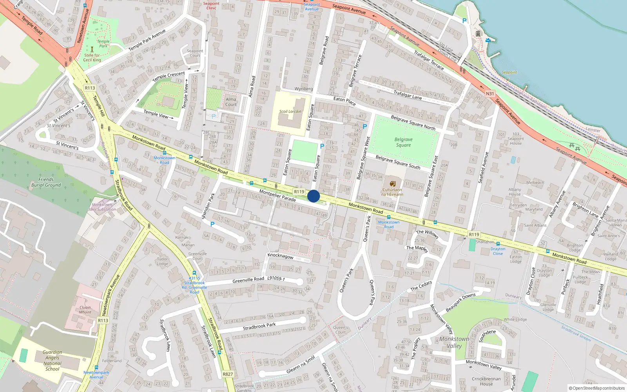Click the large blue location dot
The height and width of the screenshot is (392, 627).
click(x=313, y=196)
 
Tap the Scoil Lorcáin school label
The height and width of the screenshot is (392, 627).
click(x=290, y=112)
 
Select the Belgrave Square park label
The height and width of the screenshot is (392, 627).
click(x=403, y=142)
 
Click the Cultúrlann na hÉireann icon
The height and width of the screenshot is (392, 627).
click(x=392, y=183)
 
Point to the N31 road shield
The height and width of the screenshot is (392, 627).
click(x=490, y=94)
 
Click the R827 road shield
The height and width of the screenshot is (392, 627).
click(x=228, y=374)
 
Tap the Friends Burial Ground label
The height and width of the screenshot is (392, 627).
click(x=46, y=182)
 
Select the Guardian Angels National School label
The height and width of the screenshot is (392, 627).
click(x=52, y=361)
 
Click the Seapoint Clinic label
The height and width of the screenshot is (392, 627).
click(x=211, y=5)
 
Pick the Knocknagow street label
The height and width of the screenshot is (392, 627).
click(x=281, y=256)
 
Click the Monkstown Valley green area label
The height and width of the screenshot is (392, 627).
click(x=454, y=342)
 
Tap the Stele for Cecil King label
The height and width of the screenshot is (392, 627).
click(x=92, y=58)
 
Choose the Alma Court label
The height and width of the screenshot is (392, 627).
click(x=231, y=102)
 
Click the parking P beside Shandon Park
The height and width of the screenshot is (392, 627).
click(x=212, y=224)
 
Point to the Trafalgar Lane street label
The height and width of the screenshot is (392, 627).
click(x=408, y=95)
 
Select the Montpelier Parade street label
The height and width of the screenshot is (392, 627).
click(x=277, y=196)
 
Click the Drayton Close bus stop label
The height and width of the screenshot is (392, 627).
click(x=498, y=251)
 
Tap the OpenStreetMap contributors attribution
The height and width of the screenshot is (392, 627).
click(x=597, y=388)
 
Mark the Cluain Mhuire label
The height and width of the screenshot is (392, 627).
click(x=85, y=310)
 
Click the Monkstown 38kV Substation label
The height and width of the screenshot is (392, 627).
click(x=102, y=207)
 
